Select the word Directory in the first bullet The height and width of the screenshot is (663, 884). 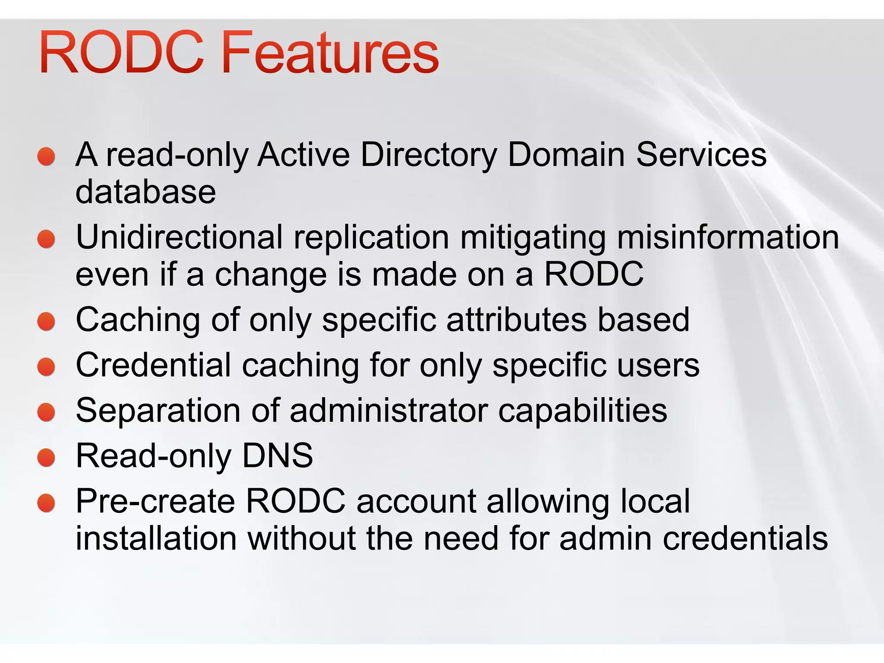[429, 155]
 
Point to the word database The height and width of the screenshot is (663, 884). [145, 192]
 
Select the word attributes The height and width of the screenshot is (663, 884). [516, 320]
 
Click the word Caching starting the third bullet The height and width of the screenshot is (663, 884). [138, 320]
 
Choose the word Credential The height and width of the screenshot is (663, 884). [153, 366]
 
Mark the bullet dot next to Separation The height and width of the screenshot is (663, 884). [46, 412]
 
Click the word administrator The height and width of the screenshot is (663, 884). [388, 410]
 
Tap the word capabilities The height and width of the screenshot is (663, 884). [582, 411]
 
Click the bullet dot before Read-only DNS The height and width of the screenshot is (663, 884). [46, 458]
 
